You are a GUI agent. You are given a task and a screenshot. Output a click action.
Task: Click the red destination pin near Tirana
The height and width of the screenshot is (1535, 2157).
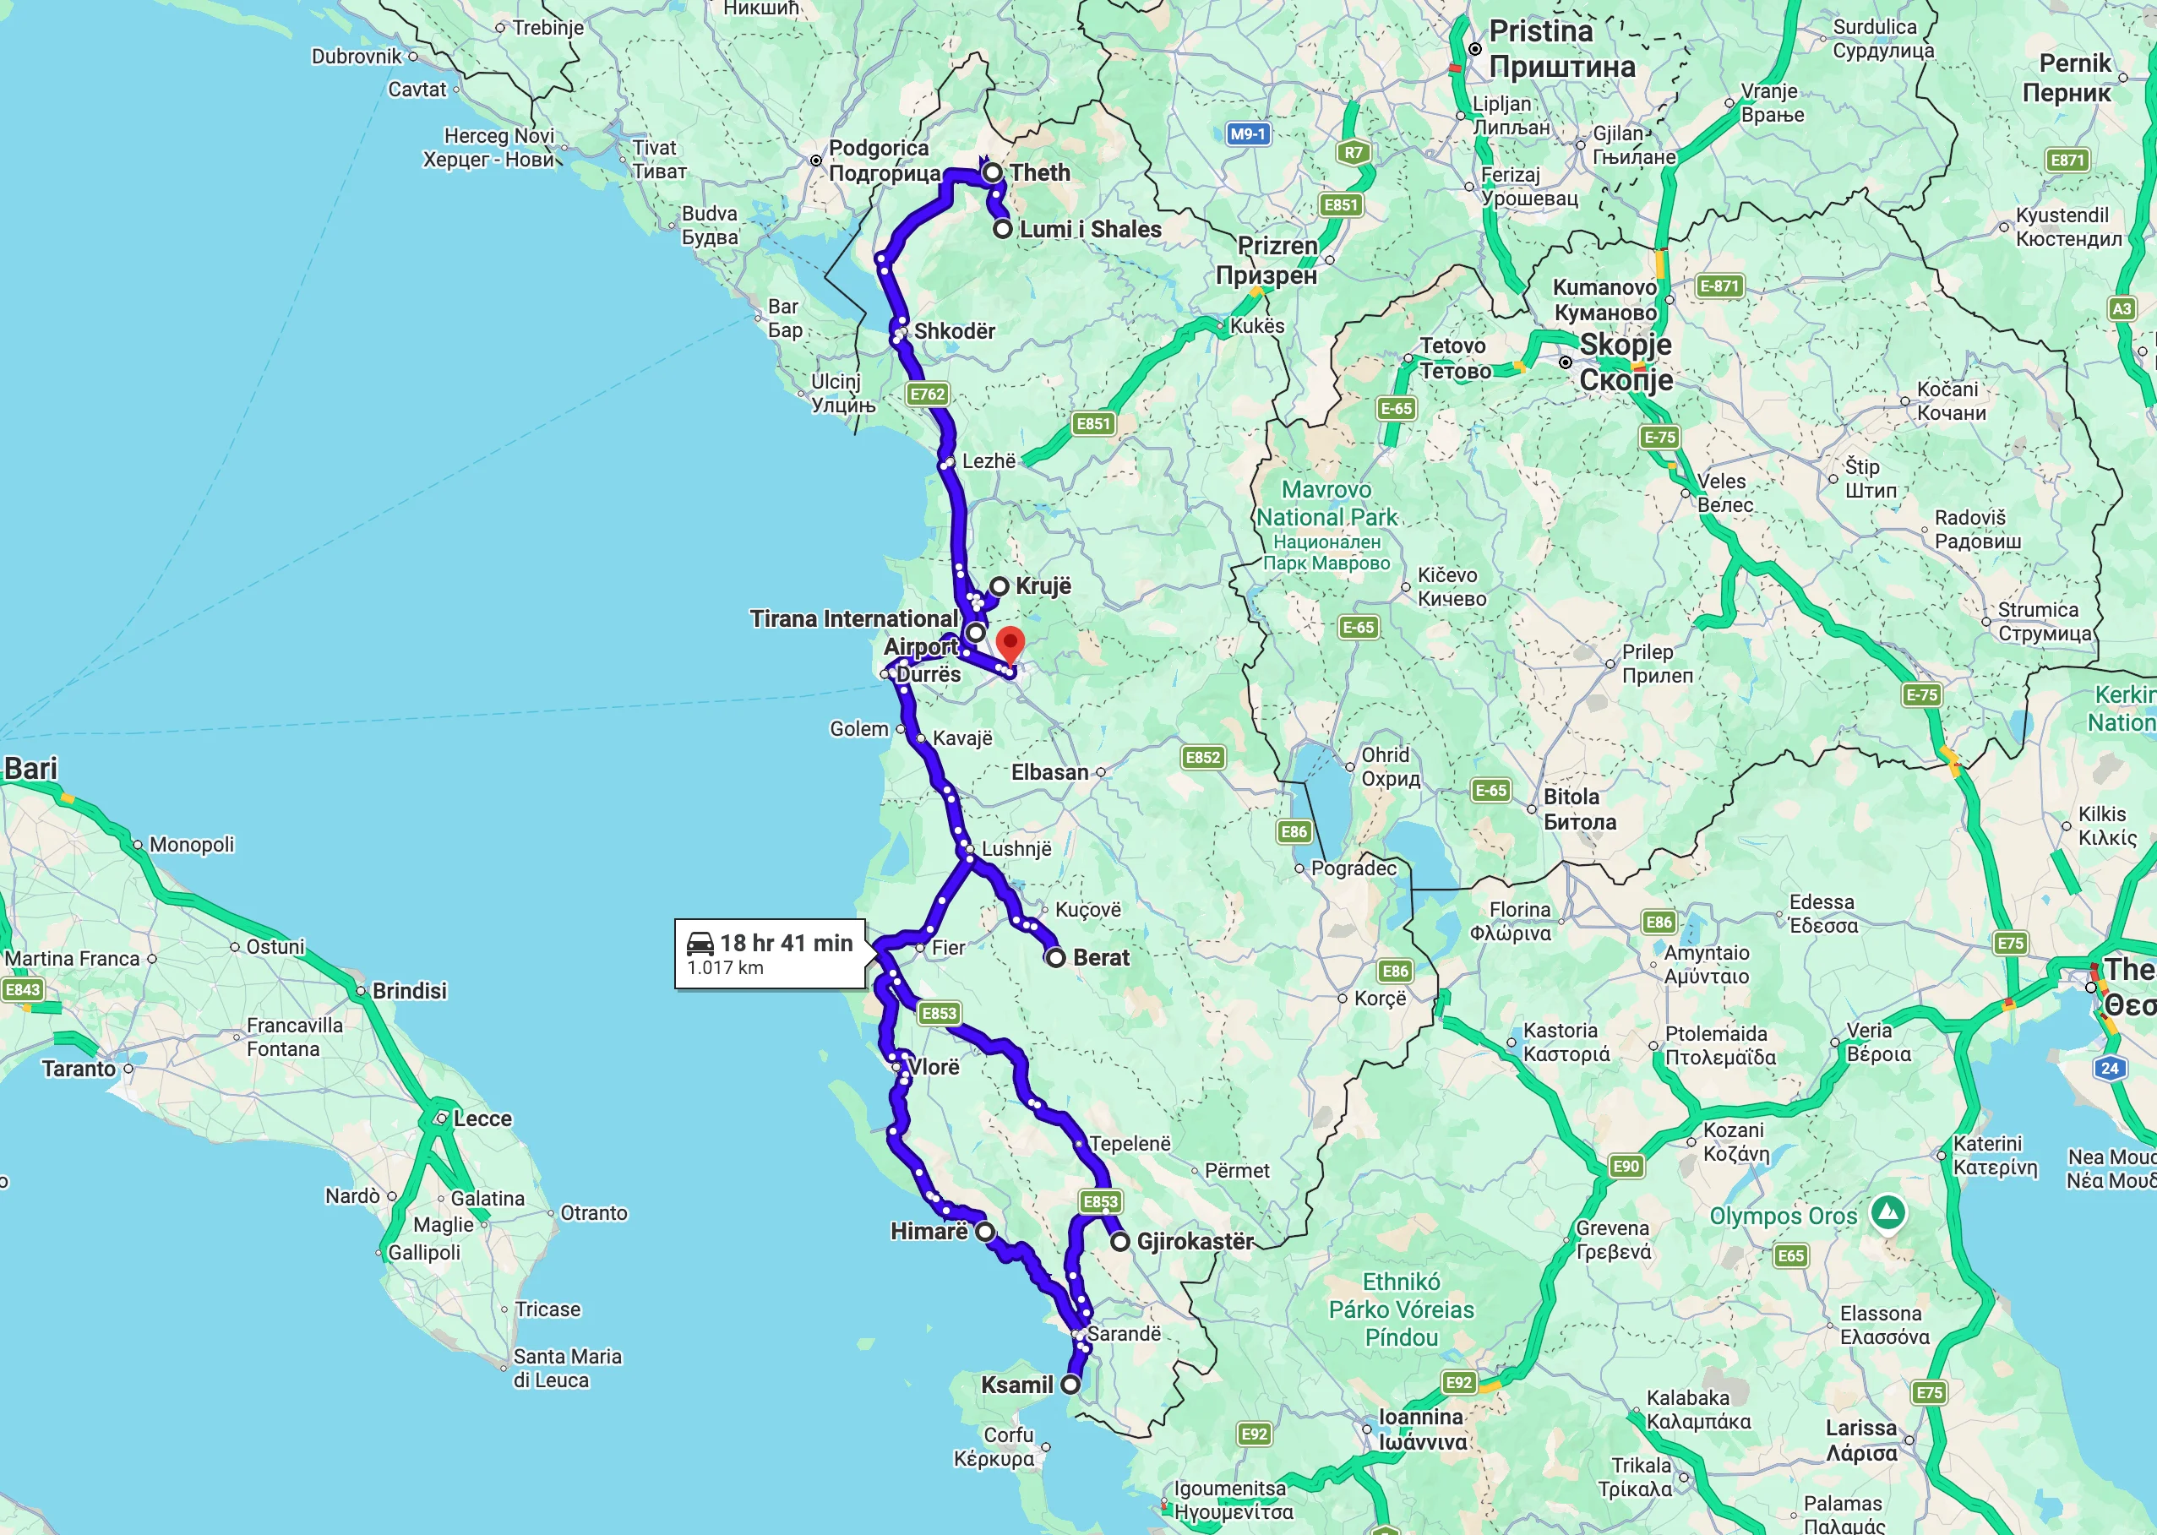[x=1010, y=645]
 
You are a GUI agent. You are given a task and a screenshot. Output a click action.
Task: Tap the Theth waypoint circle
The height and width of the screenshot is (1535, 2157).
[x=993, y=173]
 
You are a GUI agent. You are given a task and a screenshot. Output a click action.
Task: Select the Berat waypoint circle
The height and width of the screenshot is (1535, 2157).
[x=1056, y=957]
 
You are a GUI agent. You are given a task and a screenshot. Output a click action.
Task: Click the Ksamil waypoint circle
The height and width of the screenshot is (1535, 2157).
[x=1070, y=1385]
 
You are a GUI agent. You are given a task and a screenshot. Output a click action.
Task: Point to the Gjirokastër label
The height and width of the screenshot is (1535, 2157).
[x=1195, y=1241]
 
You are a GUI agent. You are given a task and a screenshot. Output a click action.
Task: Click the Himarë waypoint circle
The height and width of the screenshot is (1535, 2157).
[x=985, y=1232]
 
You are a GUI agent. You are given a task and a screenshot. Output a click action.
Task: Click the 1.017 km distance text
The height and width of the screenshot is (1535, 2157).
[x=725, y=968]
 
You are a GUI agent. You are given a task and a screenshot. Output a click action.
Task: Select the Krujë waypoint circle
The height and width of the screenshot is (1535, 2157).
[x=1000, y=586]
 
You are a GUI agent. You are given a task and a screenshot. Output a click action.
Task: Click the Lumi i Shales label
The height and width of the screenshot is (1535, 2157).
[x=1090, y=230]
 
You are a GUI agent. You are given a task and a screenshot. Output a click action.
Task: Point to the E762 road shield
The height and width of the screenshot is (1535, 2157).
[x=927, y=395]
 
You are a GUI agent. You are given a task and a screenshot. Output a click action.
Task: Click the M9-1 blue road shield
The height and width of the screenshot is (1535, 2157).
[x=1248, y=134]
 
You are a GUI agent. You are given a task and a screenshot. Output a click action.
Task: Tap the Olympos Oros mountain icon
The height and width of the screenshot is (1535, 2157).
[x=1887, y=1211]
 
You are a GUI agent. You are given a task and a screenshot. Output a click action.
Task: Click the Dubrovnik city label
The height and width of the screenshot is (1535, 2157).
[x=357, y=57]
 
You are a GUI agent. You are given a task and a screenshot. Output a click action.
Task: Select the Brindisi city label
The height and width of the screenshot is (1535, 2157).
[x=409, y=991]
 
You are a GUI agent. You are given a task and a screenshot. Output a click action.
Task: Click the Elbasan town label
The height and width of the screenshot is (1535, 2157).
[x=1050, y=772]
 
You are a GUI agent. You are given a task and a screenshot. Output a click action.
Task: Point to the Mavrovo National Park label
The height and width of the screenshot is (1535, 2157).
[x=1326, y=504]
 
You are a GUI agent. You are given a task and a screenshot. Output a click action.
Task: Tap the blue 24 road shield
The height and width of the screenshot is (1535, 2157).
[x=2110, y=1068]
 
